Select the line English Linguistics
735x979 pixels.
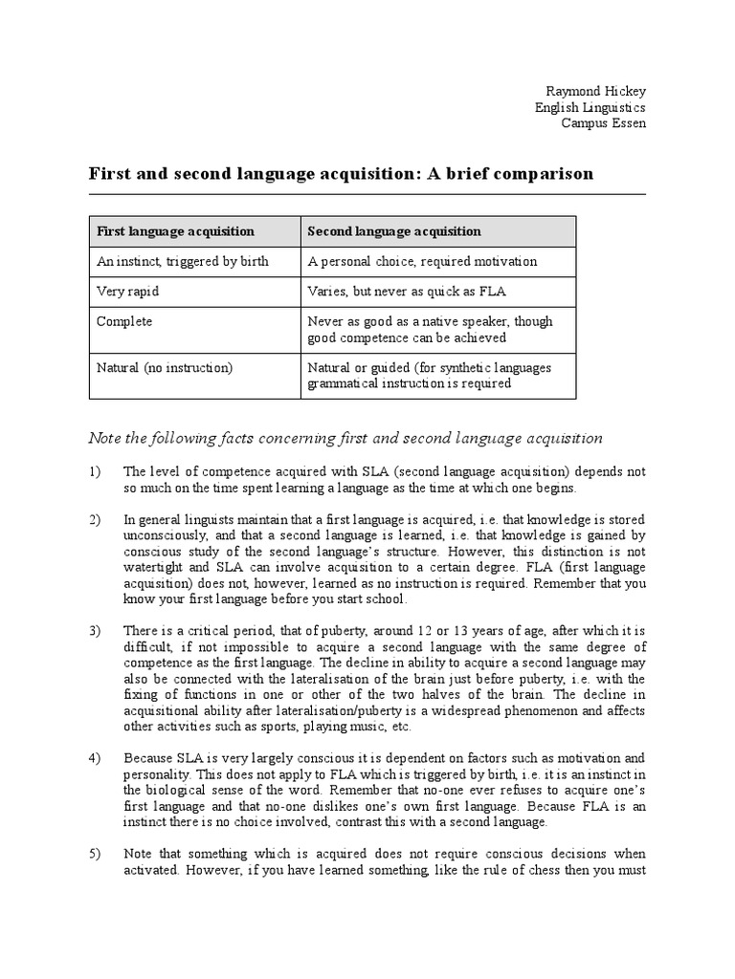coord(590,108)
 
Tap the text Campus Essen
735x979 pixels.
coord(603,124)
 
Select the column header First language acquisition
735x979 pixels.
coord(175,231)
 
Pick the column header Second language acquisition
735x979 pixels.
coord(394,231)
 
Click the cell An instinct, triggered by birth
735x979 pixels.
coord(183,261)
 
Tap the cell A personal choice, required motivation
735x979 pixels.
coord(422,261)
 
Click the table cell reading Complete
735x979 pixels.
coord(124,322)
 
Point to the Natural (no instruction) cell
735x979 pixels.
coord(165,367)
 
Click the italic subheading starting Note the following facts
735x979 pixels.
coord(345,438)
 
